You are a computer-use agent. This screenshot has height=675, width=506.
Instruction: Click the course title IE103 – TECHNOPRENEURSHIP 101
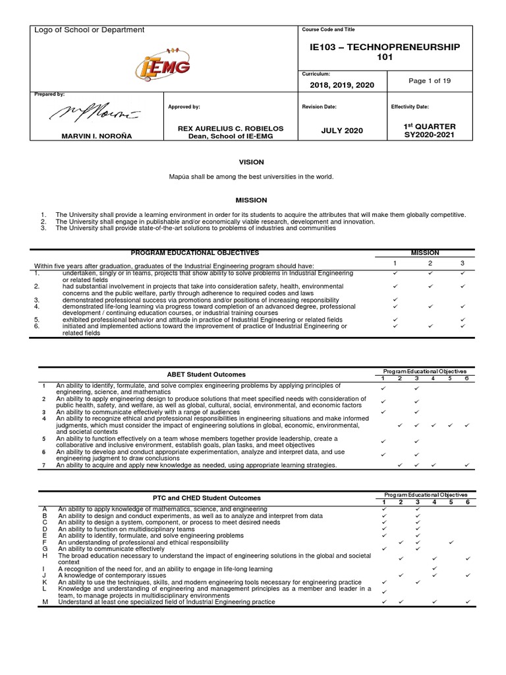pos(385,53)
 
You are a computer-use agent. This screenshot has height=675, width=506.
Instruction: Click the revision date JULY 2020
pos(341,131)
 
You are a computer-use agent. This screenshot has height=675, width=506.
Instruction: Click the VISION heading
pos(251,162)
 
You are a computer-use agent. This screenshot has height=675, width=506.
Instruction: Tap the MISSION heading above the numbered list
pos(251,200)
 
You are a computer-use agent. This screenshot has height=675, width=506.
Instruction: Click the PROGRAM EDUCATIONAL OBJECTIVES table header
pos(194,253)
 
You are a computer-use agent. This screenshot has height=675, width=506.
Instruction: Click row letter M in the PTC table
pos(45,602)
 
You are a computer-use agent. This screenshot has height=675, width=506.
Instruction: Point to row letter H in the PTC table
pos(45,556)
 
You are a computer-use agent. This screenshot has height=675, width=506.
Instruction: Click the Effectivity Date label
pos(410,106)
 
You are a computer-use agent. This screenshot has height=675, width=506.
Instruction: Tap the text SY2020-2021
pos(430,135)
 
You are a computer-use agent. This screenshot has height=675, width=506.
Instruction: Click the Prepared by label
pos(49,95)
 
